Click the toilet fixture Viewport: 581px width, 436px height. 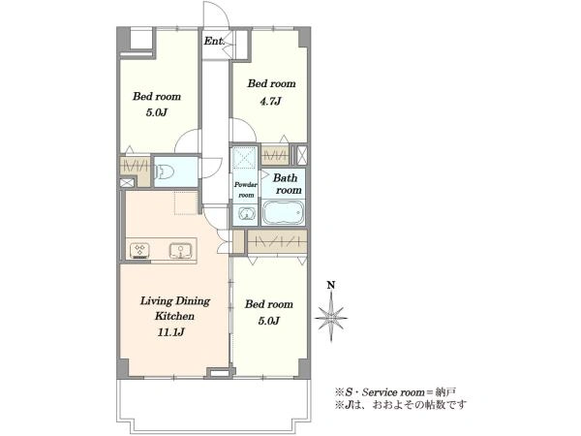[x=165, y=172]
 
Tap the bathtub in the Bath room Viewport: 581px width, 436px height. [x=284, y=213]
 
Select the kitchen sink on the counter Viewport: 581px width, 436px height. [x=180, y=251]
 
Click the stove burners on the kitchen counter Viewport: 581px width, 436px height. [x=140, y=251]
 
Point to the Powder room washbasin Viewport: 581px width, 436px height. [x=245, y=214]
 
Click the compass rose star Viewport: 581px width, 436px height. [x=331, y=318]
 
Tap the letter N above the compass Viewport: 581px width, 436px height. [x=331, y=285]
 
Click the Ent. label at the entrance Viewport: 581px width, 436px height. [x=214, y=41]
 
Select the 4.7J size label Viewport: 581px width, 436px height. [x=270, y=101]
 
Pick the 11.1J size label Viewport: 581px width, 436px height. [x=170, y=332]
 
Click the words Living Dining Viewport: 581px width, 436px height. [x=175, y=301]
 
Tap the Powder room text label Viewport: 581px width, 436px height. [x=245, y=190]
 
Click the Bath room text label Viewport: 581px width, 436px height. [x=288, y=184]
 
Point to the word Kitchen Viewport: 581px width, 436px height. [x=174, y=316]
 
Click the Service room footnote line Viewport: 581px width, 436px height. [x=395, y=391]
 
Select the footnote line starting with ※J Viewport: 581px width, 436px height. [x=401, y=404]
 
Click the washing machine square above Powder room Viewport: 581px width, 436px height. [x=245, y=157]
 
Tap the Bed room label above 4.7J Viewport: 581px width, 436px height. [x=271, y=83]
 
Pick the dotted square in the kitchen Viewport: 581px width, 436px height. [x=186, y=203]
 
